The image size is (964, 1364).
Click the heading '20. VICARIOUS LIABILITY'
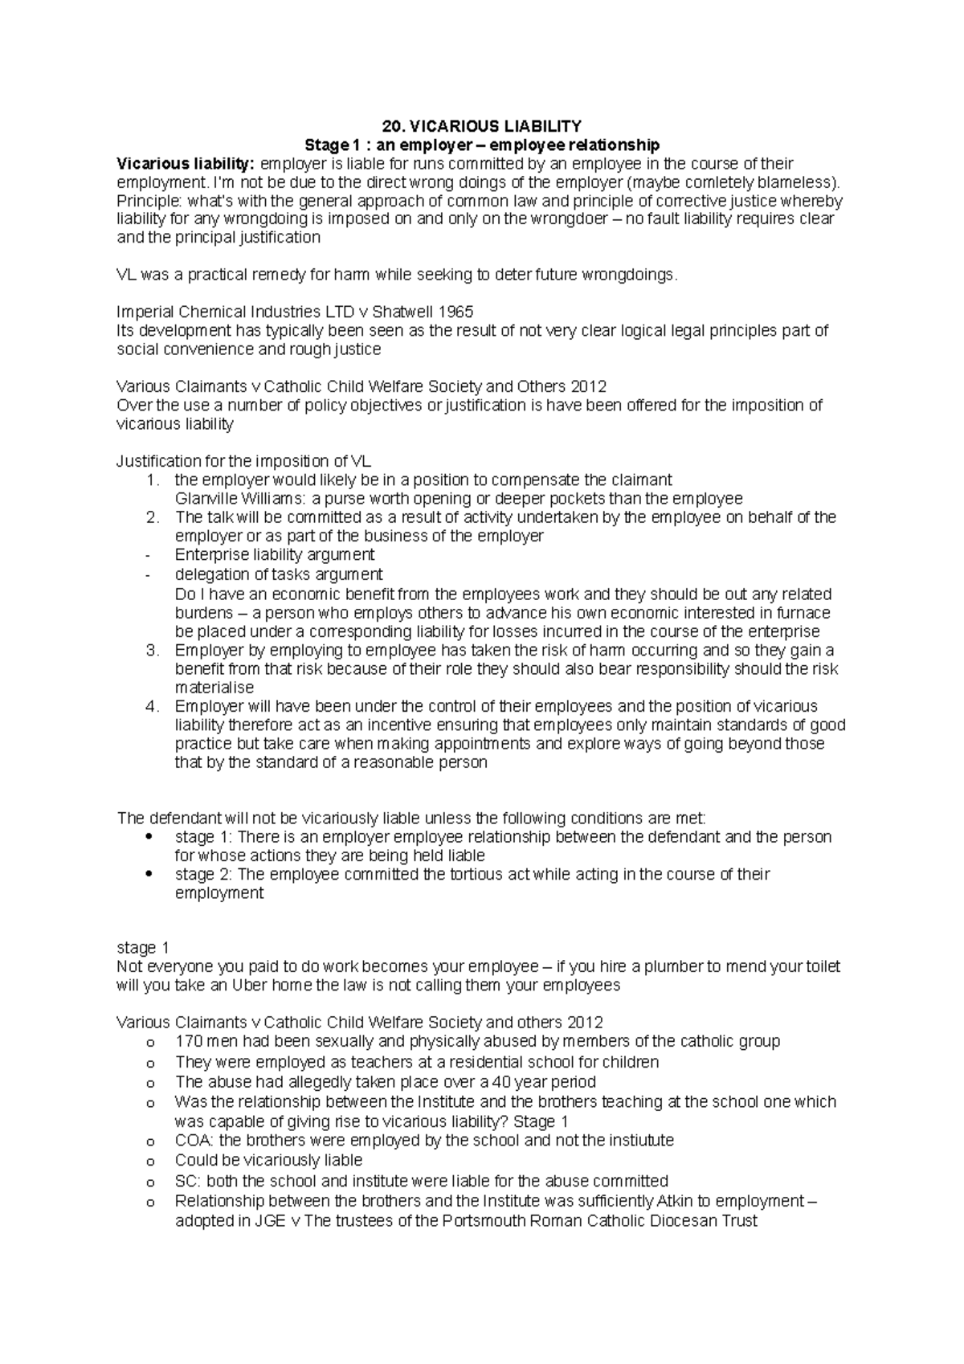(x=481, y=126)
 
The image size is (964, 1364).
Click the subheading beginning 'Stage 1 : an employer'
(x=481, y=145)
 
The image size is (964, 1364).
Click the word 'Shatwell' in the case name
(x=406, y=312)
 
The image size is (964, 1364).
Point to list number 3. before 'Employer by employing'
(x=153, y=650)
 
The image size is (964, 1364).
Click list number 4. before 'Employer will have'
(x=153, y=706)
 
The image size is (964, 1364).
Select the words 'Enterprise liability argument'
(x=274, y=554)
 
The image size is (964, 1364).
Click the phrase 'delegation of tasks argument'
(x=278, y=574)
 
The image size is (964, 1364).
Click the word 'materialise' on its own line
(x=214, y=688)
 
